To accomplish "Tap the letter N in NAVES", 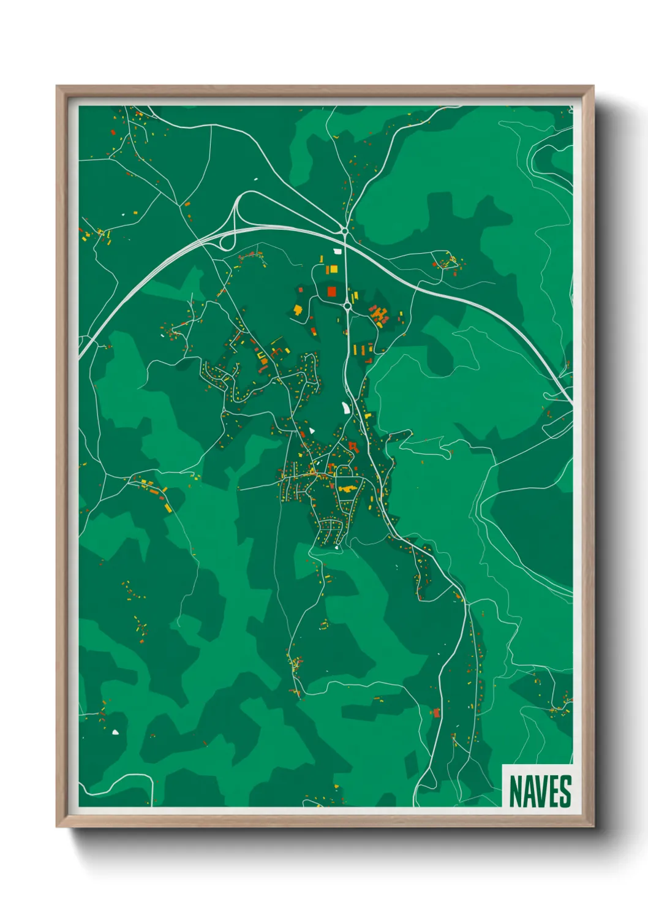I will click(x=514, y=791).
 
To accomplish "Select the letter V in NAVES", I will click(x=540, y=791).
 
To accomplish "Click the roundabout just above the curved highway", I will click(x=345, y=230).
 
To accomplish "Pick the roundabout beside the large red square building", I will click(x=347, y=305).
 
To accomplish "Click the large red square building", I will click(x=331, y=290).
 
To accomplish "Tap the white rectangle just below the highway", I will click(x=336, y=251).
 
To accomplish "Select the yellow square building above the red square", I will click(x=334, y=270).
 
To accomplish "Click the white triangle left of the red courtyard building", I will click(x=311, y=430).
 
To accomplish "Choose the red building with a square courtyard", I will click(x=352, y=446).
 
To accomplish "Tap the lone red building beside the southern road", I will click(x=436, y=712).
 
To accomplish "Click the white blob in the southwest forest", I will click(x=115, y=731).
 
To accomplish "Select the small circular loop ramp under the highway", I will click(x=226, y=241).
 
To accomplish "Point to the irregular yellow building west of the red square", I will click(x=298, y=310).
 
